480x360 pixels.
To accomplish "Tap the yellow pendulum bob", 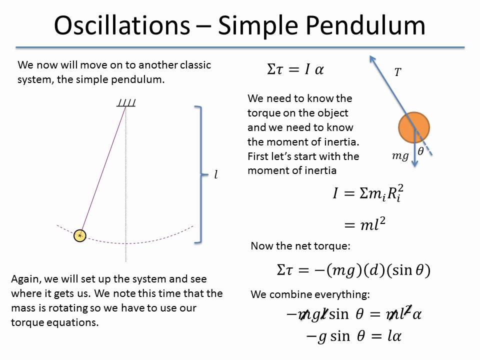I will (x=80, y=235).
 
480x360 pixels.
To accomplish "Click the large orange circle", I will (x=413, y=128).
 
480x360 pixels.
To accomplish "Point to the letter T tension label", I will (x=397, y=73).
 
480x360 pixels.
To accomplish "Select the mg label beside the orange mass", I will (x=399, y=156).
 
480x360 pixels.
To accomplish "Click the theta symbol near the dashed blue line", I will (x=420, y=151).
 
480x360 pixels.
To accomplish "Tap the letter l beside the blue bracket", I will (x=216, y=175).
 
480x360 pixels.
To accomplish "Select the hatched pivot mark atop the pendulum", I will (x=126, y=103).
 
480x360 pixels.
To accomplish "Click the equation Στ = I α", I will (x=295, y=69).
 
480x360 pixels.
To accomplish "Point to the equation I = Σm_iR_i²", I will (x=367, y=193).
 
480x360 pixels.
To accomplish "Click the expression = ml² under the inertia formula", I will (x=365, y=225).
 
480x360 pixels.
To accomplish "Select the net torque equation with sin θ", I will (x=353, y=270).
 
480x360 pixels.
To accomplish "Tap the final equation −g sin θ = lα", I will (x=353, y=336).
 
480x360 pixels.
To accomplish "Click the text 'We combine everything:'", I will (x=310, y=294).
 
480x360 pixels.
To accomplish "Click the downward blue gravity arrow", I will (x=414, y=150).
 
